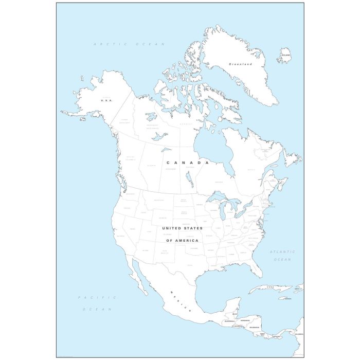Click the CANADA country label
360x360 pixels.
click(x=188, y=162)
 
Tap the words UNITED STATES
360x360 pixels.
click(x=182, y=228)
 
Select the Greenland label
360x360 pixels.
click(x=240, y=64)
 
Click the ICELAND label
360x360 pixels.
click(x=285, y=55)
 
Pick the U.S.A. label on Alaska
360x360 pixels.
click(x=106, y=100)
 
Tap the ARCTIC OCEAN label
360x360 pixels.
click(x=129, y=45)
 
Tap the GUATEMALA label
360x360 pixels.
click(x=229, y=321)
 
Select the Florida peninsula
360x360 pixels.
click(x=255, y=265)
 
